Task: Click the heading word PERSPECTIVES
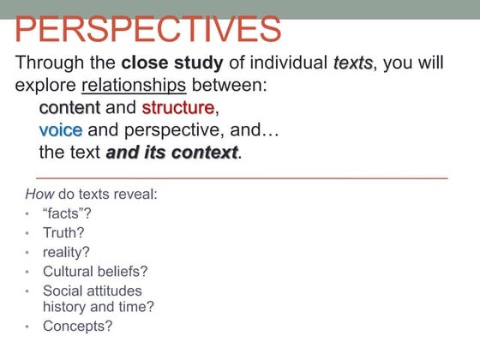tap(148, 29)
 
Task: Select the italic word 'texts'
tap(351, 63)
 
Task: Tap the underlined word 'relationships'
tap(134, 86)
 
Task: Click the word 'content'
tap(69, 108)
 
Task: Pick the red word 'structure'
tap(177, 108)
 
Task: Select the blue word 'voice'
tap(61, 130)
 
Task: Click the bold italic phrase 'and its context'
tap(171, 153)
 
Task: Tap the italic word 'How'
tap(39, 194)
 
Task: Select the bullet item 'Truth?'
tap(63, 232)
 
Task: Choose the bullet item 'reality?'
tap(66, 252)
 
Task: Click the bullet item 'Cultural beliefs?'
tap(95, 271)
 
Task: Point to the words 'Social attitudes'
tap(93, 291)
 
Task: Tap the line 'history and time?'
tap(98, 306)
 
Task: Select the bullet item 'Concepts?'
tap(77, 326)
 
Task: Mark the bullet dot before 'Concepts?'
tap(28, 327)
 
